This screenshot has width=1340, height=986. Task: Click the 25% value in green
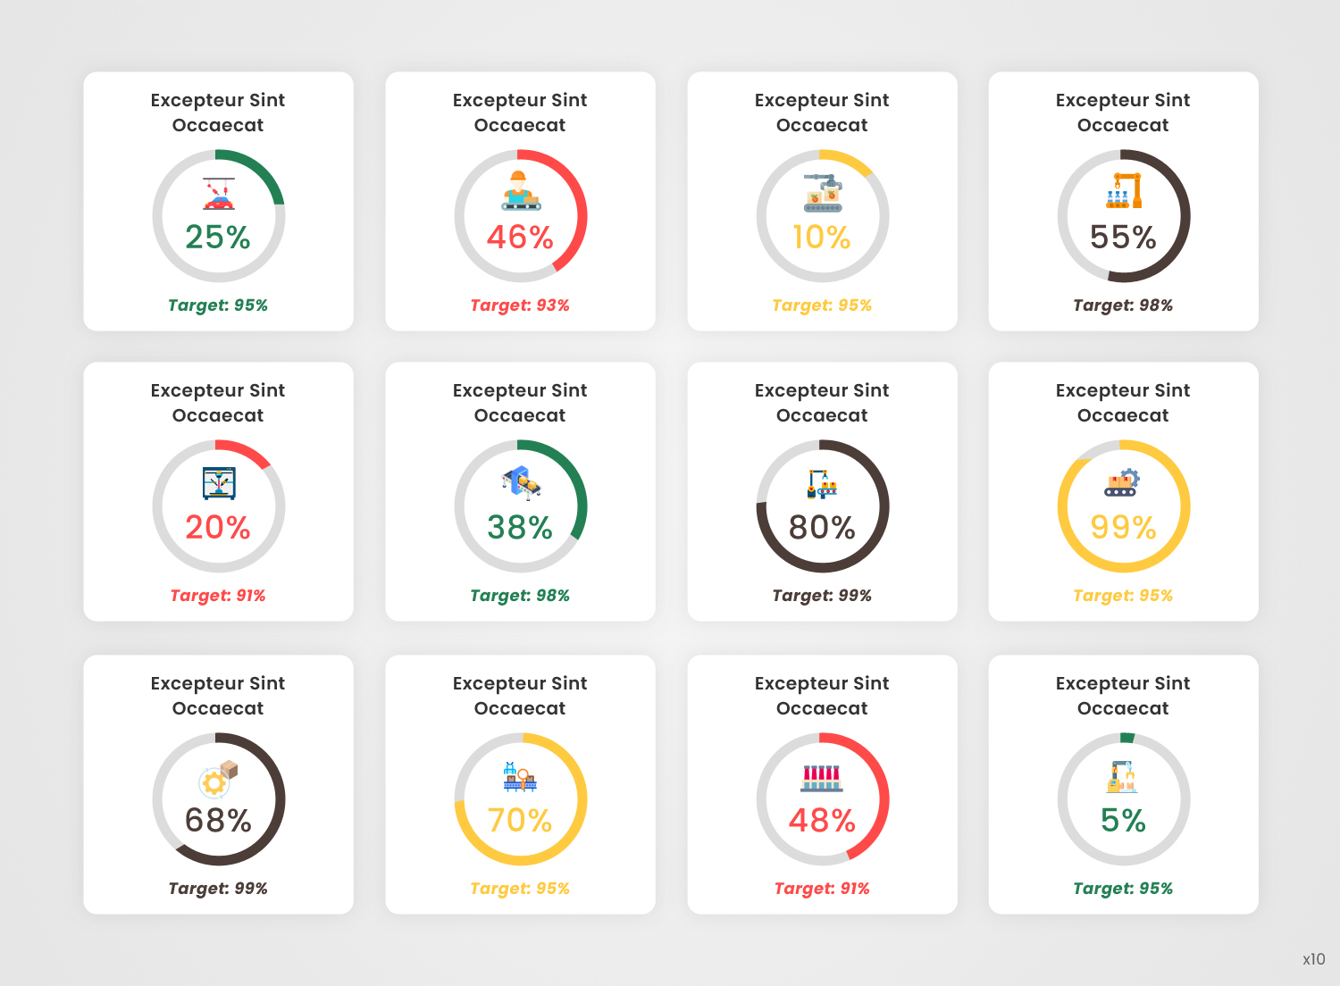(x=218, y=237)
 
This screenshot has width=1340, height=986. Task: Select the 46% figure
(x=520, y=237)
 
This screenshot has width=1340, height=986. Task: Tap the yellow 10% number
(x=822, y=237)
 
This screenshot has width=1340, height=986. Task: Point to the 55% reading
(x=1123, y=237)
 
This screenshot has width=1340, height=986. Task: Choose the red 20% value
(x=218, y=527)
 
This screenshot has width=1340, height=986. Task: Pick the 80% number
(x=822, y=527)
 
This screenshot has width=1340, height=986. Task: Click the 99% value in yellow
(x=1123, y=527)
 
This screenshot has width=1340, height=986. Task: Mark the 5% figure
(x=1123, y=820)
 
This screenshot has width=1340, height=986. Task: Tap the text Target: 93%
(x=520, y=305)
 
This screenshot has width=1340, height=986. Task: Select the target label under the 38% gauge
(x=520, y=596)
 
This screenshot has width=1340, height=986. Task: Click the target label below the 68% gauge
(x=218, y=889)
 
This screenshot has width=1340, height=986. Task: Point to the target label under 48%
(x=822, y=889)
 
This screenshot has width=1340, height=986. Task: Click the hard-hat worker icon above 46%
(x=520, y=190)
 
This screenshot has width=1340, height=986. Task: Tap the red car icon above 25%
(x=218, y=193)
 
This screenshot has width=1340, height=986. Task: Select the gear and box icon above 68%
(x=218, y=779)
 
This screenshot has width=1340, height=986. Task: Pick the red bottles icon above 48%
(x=822, y=778)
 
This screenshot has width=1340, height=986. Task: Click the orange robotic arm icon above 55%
(x=1124, y=191)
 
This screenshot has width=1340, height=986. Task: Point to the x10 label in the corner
(x=1313, y=959)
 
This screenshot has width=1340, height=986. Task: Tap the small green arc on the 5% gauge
(x=1127, y=738)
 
